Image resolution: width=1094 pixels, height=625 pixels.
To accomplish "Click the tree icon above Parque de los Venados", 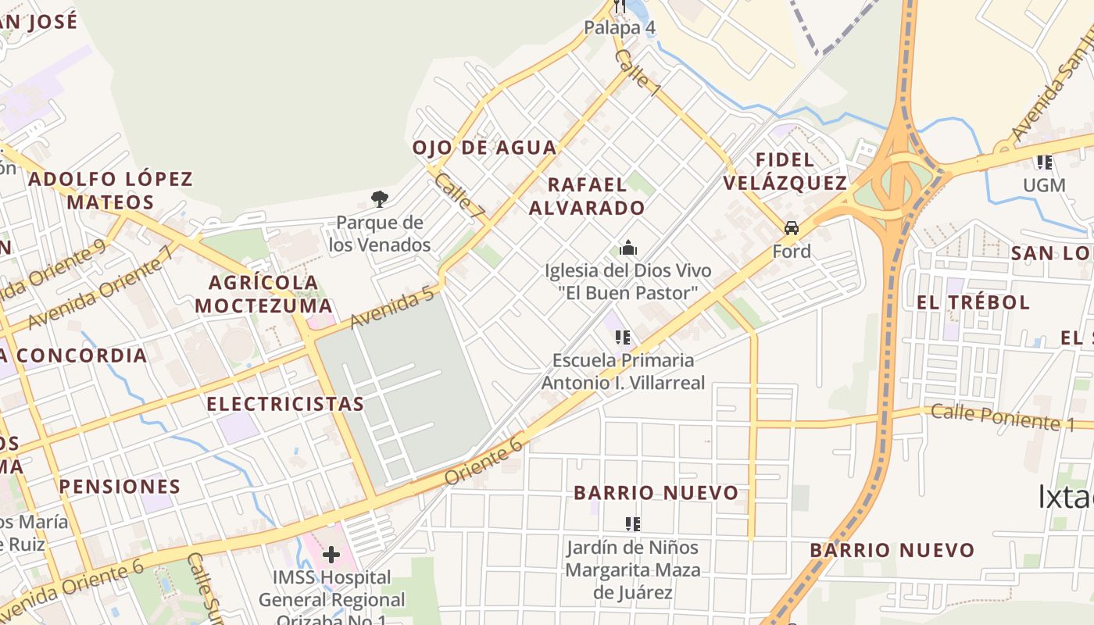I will (x=380, y=198).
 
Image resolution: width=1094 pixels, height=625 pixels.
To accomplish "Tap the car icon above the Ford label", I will (x=792, y=228).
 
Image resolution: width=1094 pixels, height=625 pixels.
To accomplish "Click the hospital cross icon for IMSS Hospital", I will (x=331, y=555).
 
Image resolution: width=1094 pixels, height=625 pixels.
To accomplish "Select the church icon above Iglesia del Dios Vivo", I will (x=628, y=248).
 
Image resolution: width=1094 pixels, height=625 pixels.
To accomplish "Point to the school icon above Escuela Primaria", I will (x=623, y=337).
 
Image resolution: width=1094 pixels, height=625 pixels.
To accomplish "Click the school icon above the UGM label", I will (x=1044, y=162).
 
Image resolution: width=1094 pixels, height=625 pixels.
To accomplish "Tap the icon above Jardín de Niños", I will (x=633, y=523).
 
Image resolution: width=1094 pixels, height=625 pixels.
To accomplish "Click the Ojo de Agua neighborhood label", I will (x=484, y=148).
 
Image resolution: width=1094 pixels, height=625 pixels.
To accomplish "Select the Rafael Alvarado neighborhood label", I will (x=587, y=196).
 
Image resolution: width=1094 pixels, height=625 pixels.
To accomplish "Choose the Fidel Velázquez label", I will (x=785, y=172).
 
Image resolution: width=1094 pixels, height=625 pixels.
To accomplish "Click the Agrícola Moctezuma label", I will (x=263, y=294).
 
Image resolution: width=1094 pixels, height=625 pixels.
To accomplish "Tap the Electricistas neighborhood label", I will (x=285, y=404).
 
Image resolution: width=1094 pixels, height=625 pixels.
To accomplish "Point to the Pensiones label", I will (x=120, y=487).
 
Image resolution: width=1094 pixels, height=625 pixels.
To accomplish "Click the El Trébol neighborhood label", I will (x=973, y=302).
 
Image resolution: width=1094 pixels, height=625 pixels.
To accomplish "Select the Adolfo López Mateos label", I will (x=110, y=191).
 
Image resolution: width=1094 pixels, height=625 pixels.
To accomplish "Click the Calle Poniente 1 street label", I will (x=1003, y=417).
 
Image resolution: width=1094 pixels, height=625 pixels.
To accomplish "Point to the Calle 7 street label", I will (x=460, y=195).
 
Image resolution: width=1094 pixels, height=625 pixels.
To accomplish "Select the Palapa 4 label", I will (x=620, y=28).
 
